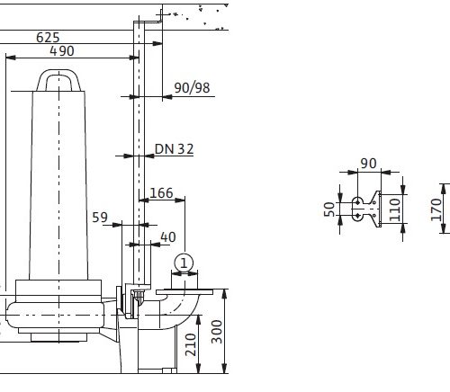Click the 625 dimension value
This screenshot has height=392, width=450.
point(48,38)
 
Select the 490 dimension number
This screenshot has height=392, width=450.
point(62,51)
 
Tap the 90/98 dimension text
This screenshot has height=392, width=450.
point(192,88)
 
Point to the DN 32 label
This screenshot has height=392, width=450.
point(174,149)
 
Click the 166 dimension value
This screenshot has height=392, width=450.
point(161,193)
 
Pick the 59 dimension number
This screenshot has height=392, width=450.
point(100,218)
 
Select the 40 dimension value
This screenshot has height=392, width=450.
point(168,237)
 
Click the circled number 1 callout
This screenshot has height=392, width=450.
point(184,263)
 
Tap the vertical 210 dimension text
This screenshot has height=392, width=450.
point(191,344)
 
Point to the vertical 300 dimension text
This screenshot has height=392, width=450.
point(217,332)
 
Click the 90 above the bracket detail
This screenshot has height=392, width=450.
point(368,164)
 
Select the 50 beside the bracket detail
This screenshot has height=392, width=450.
point(329,209)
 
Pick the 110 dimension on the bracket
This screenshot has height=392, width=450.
point(395,209)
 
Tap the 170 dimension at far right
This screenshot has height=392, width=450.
point(436,209)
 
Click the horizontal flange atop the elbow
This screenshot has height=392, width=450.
point(184,292)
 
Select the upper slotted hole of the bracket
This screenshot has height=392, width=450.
point(357,202)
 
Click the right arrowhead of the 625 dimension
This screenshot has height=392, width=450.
point(157,44)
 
